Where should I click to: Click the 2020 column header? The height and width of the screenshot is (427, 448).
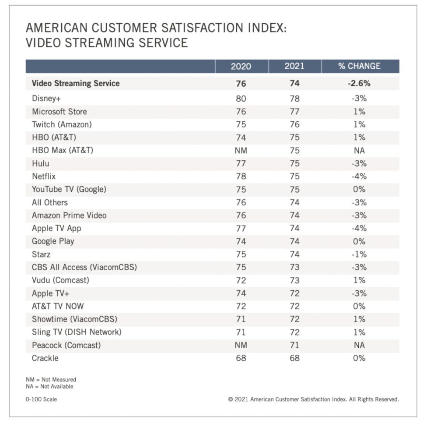241,66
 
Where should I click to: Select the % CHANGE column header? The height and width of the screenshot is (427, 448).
359,66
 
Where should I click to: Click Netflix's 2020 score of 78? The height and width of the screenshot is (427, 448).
241,176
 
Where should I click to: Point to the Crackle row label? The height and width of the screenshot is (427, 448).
45,358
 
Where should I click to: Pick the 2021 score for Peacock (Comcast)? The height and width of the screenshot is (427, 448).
294,345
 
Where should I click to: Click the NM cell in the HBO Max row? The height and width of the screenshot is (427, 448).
241,151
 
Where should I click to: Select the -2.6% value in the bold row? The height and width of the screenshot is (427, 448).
359,83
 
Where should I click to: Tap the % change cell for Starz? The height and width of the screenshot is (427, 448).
359,254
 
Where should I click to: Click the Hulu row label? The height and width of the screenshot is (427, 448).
41,164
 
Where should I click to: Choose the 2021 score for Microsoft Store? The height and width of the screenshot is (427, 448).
294,112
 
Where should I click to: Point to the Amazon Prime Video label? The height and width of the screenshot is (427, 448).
69,215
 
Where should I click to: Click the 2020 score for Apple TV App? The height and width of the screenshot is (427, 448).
241,228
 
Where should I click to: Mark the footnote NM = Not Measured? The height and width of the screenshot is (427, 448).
51,380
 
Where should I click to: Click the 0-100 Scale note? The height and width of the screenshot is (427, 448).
41,399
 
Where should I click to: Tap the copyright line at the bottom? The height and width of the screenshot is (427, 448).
313,399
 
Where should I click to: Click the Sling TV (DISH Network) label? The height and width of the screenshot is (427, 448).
77,332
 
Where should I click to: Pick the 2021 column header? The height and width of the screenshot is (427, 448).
294,66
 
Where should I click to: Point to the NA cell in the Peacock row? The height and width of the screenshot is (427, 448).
359,345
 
